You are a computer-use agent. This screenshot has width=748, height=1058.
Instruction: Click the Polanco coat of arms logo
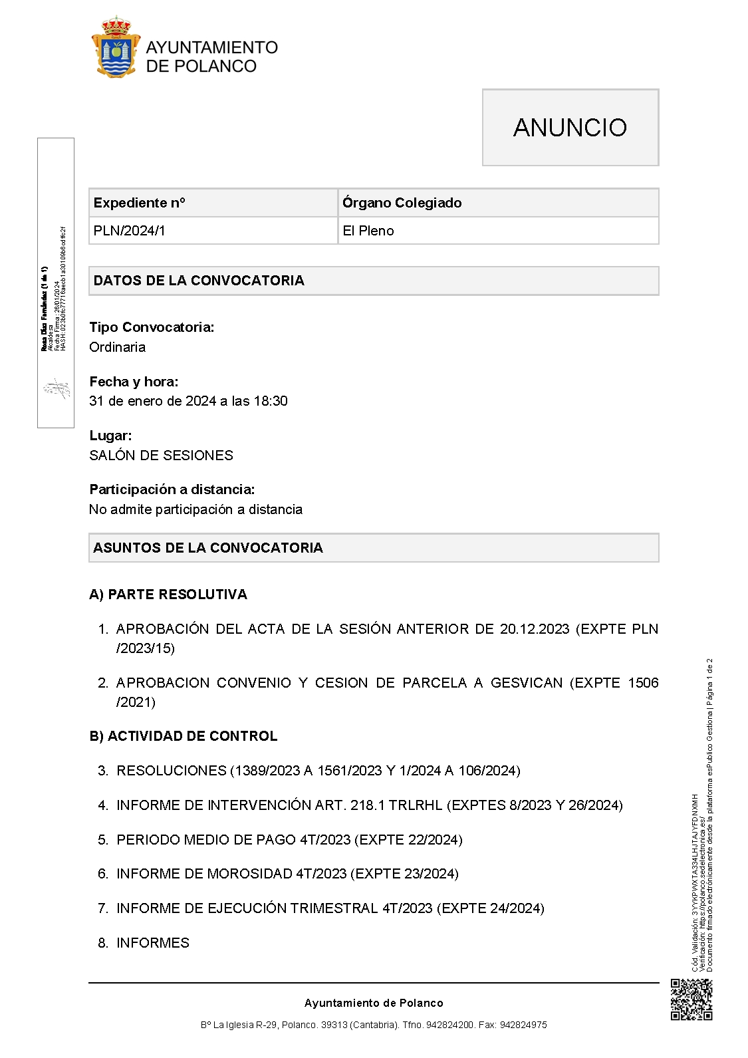pos(116,47)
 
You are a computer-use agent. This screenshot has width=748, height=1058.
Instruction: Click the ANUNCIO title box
pos(570,127)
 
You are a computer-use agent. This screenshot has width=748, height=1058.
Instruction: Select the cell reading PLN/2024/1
pos(130,231)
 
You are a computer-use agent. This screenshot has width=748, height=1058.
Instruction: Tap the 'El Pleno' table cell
pos(368,231)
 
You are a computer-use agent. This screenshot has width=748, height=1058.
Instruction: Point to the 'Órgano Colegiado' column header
pos(402,203)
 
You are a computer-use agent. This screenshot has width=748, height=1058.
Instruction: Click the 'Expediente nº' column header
pos(140,203)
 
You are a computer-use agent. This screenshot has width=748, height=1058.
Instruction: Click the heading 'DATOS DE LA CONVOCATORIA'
pos(199,281)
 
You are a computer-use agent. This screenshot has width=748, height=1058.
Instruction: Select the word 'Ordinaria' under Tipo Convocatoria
pos(117,347)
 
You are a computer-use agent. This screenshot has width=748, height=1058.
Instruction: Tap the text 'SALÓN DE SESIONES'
pos(161,456)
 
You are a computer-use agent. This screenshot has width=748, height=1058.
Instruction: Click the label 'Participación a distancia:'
pos(172,489)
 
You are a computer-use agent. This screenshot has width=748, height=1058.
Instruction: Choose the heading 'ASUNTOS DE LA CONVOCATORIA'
pos(208,548)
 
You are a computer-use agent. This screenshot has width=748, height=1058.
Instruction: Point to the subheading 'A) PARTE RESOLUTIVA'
pos(168,595)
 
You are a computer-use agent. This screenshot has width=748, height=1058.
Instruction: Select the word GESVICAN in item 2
pos(527,683)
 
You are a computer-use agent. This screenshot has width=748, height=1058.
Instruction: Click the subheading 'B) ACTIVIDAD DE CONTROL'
pos(184,736)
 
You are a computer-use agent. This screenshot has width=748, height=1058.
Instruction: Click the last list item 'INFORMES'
pos(153,943)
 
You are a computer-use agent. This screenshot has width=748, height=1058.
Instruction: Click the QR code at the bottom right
pos(691,999)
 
